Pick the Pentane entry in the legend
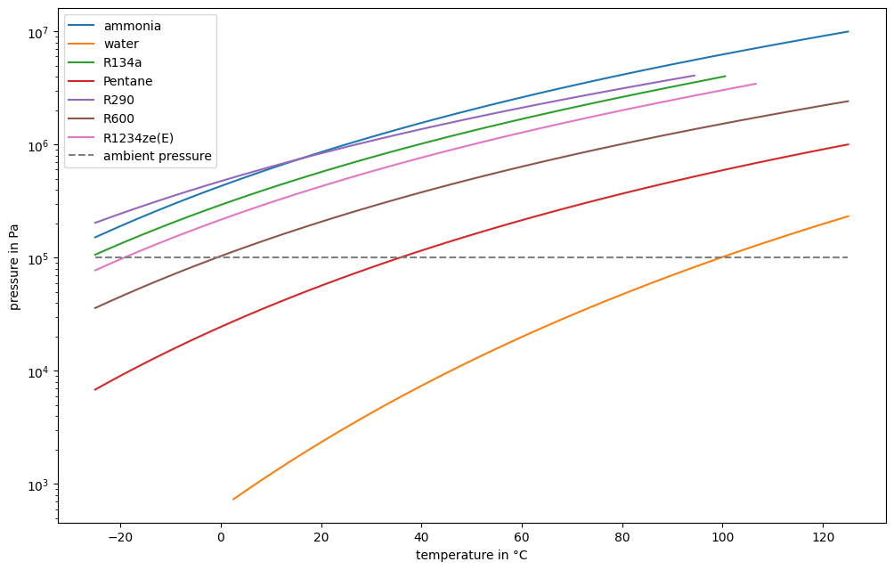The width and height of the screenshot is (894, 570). coord(127,81)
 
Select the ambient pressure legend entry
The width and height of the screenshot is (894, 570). coord(157,156)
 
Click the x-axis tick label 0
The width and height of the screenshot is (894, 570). coord(221,536)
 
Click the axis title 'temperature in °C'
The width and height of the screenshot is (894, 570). coord(472,555)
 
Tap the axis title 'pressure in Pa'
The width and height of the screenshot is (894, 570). coord(14,266)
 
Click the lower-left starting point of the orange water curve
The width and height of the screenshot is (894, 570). coord(233,499)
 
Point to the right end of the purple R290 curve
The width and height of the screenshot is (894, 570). coord(695,76)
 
